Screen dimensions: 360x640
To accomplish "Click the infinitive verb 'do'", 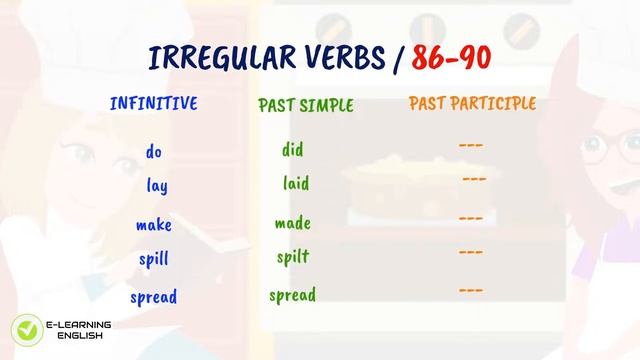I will coord(153,152).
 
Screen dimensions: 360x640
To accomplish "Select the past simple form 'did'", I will coord(292,150).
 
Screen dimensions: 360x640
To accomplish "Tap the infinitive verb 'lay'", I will coord(156,186).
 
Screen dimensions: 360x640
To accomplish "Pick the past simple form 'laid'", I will coord(295,184).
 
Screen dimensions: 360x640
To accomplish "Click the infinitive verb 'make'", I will coord(154,224).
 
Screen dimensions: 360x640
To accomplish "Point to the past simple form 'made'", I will coord(293,223).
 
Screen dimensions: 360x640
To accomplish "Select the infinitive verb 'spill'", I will coord(153,260).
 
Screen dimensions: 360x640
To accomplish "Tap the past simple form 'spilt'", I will coord(293,258).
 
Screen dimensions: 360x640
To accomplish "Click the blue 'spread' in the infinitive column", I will coord(153,297).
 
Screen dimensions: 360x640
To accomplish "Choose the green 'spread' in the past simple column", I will coord(292,295).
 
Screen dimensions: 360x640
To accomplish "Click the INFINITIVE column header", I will coord(153,104).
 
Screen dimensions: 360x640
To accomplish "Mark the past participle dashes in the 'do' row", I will coord(471,146).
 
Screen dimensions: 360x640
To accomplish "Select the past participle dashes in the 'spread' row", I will coord(471,291).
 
